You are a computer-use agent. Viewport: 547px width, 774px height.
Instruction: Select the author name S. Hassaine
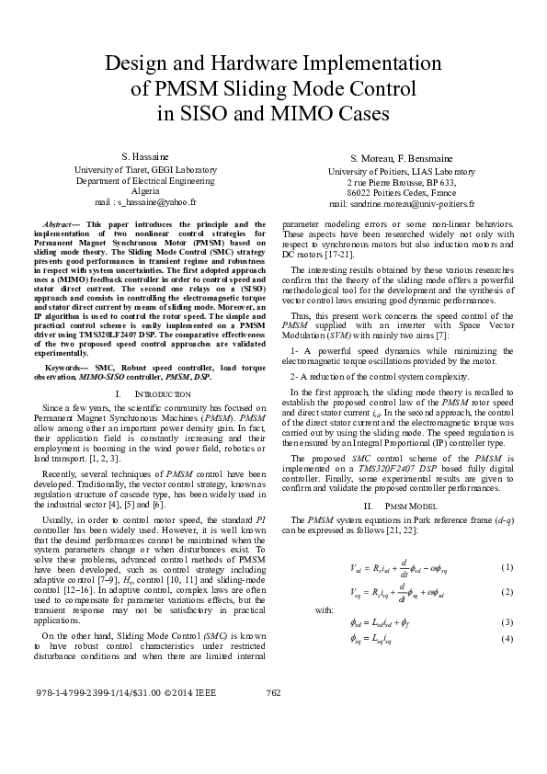[x=144, y=157]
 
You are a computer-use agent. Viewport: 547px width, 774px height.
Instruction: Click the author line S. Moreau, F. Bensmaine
[x=402, y=159]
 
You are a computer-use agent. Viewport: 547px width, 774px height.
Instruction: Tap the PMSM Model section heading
[x=401, y=506]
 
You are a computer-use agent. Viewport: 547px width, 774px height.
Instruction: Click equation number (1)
[x=506, y=565]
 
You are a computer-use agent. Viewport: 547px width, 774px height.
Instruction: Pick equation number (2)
[x=506, y=591]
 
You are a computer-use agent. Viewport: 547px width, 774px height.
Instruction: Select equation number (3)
[x=506, y=622]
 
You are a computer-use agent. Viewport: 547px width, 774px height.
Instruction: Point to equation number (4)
[x=506, y=639]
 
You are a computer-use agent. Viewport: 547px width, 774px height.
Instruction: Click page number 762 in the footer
[x=272, y=718]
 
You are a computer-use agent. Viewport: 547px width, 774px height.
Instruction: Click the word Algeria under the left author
[x=145, y=190]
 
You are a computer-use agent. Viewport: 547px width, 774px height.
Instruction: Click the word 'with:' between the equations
[x=324, y=609]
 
